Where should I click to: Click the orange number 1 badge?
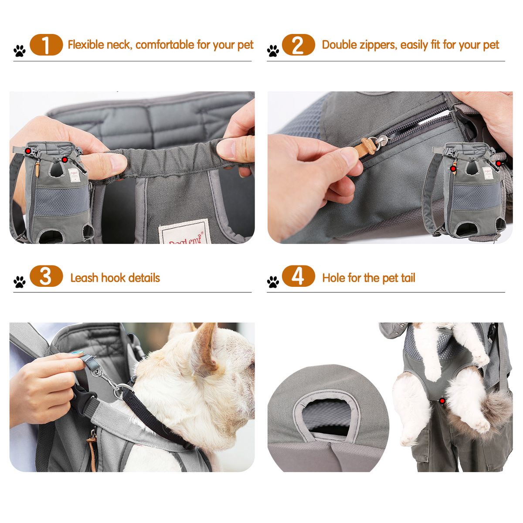(x=46, y=45)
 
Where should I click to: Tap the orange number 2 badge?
(x=298, y=45)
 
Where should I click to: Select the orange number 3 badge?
(x=46, y=276)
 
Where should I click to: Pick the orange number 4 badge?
(x=298, y=276)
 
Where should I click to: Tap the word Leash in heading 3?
(x=84, y=278)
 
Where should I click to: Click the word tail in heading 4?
(x=406, y=278)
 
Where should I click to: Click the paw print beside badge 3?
(x=20, y=282)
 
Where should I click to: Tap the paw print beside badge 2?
(x=273, y=51)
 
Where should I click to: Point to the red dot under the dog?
(x=442, y=401)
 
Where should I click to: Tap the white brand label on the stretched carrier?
(x=185, y=231)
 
